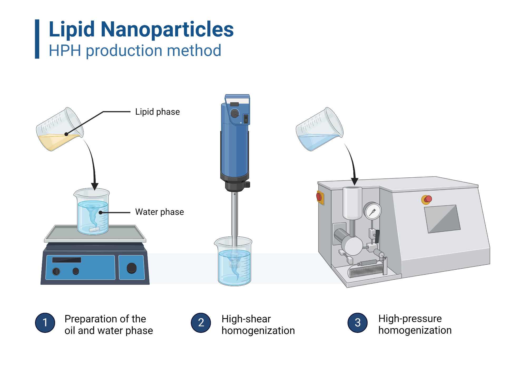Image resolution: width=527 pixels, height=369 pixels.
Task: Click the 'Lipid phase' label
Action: (x=157, y=112)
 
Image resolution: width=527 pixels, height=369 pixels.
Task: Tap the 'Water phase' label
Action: (x=159, y=212)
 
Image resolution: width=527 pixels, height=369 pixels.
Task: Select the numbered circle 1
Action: (x=45, y=323)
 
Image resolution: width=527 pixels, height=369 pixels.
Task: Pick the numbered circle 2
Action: (x=201, y=323)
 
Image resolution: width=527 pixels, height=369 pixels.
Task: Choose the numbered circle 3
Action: (x=357, y=323)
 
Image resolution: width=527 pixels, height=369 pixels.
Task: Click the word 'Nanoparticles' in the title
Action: (x=167, y=29)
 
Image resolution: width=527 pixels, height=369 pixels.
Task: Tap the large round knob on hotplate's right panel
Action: (x=131, y=268)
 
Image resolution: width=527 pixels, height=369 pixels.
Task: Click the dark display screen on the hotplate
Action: (x=66, y=260)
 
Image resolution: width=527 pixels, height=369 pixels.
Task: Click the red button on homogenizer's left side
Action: (x=319, y=197)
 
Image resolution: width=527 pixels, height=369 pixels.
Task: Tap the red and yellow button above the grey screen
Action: (x=427, y=200)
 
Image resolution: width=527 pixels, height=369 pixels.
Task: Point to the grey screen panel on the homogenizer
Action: (x=442, y=219)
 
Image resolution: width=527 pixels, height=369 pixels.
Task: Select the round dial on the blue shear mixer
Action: (x=234, y=114)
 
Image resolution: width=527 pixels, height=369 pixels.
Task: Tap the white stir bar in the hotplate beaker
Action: (x=94, y=230)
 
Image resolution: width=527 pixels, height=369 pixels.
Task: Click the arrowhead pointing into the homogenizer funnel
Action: (x=355, y=181)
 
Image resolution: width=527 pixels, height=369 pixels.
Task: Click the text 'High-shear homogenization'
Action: (x=258, y=324)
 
